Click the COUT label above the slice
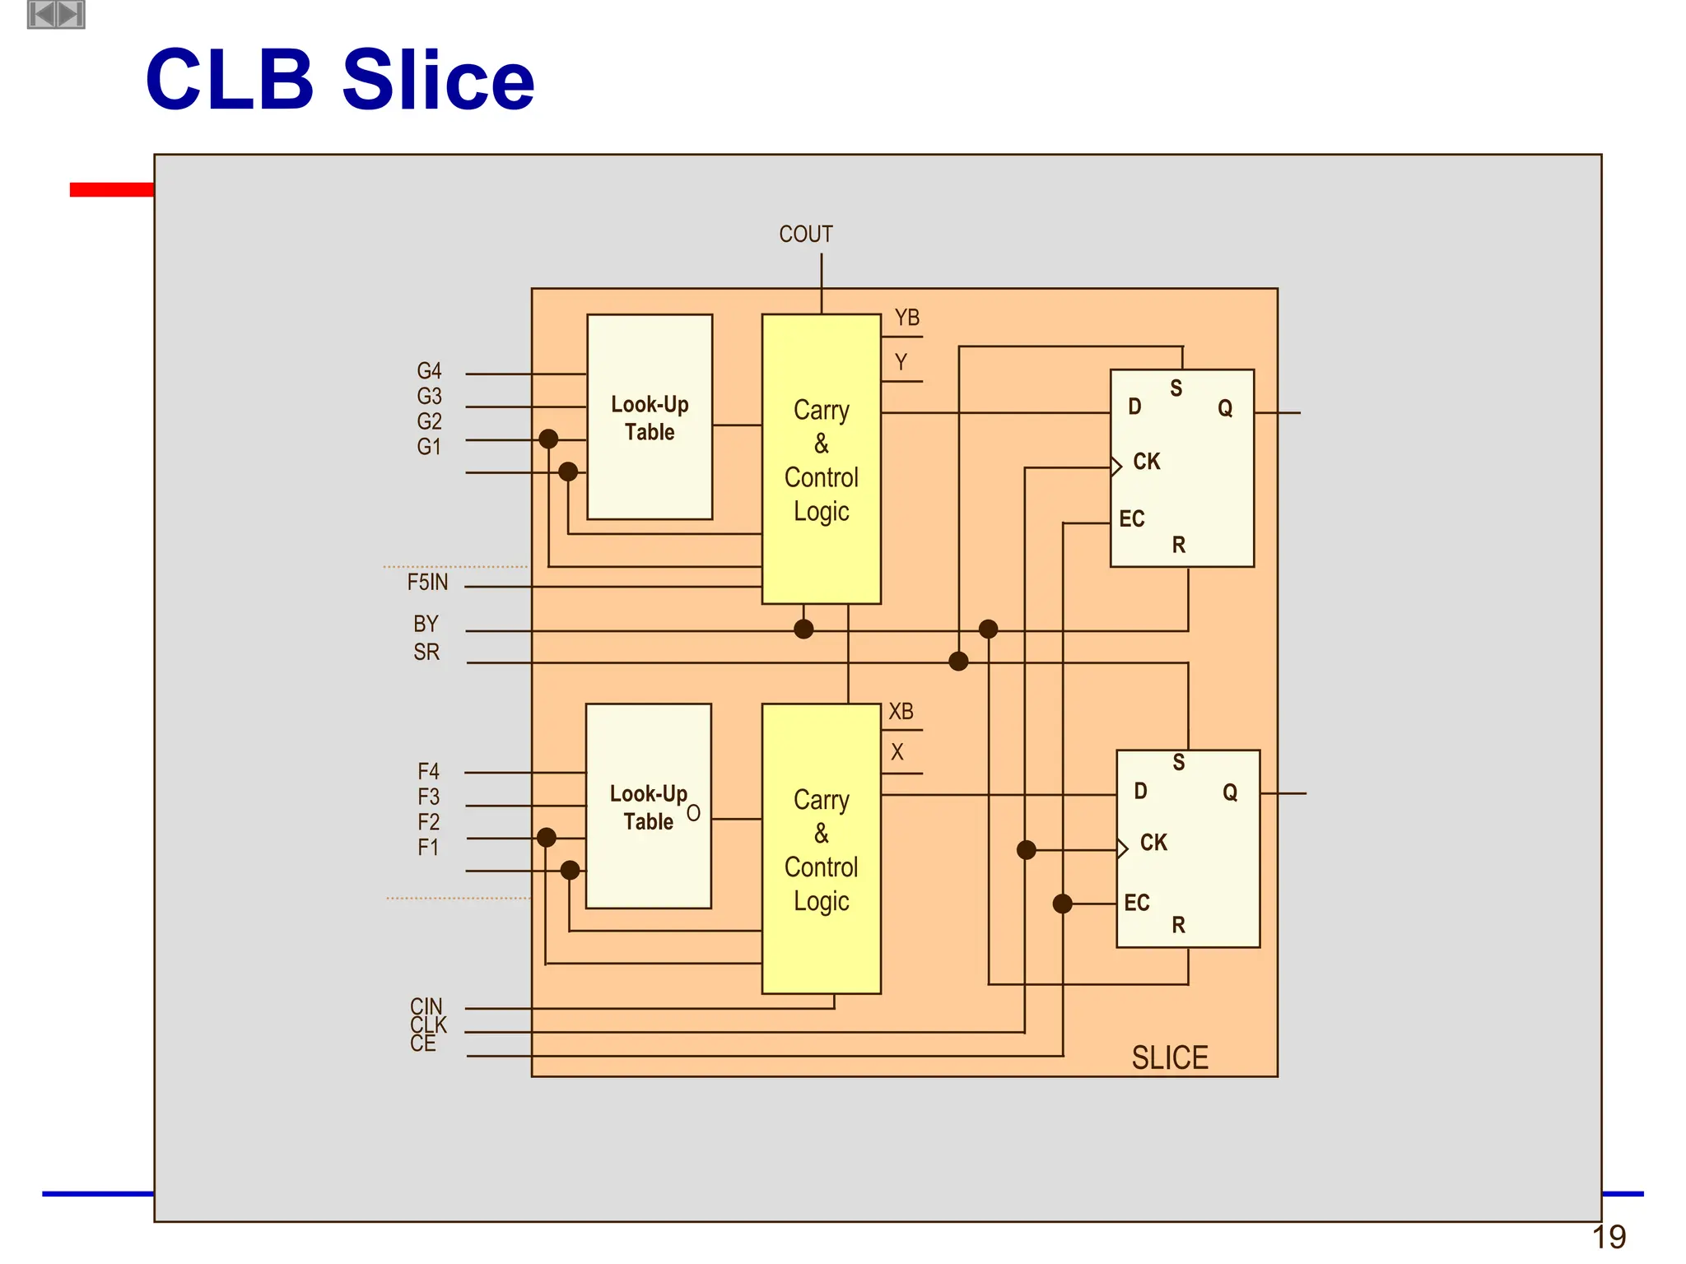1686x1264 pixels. (805, 235)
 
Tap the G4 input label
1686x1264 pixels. (429, 371)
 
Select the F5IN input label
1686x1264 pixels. (427, 583)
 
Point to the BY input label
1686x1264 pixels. (426, 624)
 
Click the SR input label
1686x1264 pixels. (426, 653)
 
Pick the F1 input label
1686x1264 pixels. (428, 848)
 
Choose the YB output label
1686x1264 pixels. (906, 318)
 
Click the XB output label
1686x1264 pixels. (901, 712)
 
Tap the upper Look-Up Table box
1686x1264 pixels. (649, 417)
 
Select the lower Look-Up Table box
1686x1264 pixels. (648, 806)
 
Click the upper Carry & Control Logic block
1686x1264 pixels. (821, 459)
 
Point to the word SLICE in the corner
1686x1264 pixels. (1169, 1058)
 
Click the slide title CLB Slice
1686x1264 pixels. (339, 80)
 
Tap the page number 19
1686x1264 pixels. (1609, 1238)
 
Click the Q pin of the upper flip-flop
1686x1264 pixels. (1225, 408)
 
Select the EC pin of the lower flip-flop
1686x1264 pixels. (1136, 903)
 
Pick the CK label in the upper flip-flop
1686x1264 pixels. (1146, 462)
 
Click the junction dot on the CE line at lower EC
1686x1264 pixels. (1062, 904)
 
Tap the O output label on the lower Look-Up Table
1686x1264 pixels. (693, 813)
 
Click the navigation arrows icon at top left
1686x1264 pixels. (56, 14)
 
